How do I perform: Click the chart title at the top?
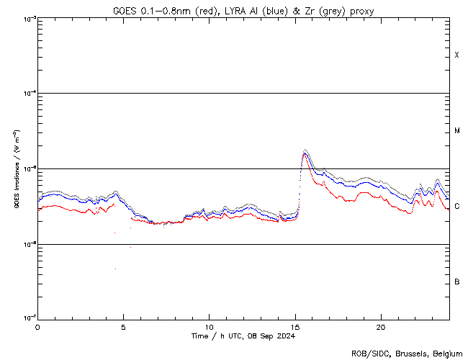point(243,10)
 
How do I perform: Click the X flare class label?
point(456,55)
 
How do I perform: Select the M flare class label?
point(456,131)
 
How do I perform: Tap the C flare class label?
point(456,206)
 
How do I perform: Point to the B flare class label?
point(456,282)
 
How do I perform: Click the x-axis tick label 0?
point(37,327)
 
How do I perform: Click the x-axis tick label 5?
point(123,327)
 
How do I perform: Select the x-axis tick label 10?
point(209,327)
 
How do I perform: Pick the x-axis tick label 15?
point(294,327)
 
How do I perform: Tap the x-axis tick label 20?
point(380,327)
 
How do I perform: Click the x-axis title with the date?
point(243,336)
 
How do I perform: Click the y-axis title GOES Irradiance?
point(16,169)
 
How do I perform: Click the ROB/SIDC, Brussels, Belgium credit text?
point(406,354)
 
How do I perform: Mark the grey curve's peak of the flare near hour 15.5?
point(306,150)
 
